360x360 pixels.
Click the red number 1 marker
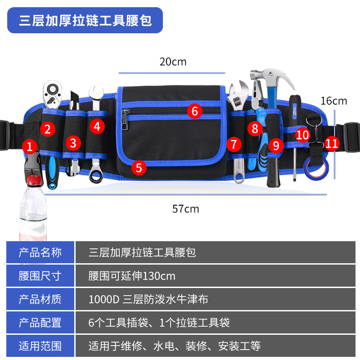coord(30,146)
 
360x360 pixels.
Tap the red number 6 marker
coord(194,111)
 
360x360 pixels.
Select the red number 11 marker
coord(332,144)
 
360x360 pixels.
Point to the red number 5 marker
coord(139,168)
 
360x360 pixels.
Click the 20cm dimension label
coord(173,62)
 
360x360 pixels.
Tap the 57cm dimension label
coord(185,209)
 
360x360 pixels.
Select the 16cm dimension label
coord(333,101)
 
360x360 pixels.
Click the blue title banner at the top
coord(85,20)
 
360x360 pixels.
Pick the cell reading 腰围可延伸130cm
coord(132,275)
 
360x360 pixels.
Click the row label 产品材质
coord(40,299)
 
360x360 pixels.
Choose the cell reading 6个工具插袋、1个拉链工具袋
coord(159,322)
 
